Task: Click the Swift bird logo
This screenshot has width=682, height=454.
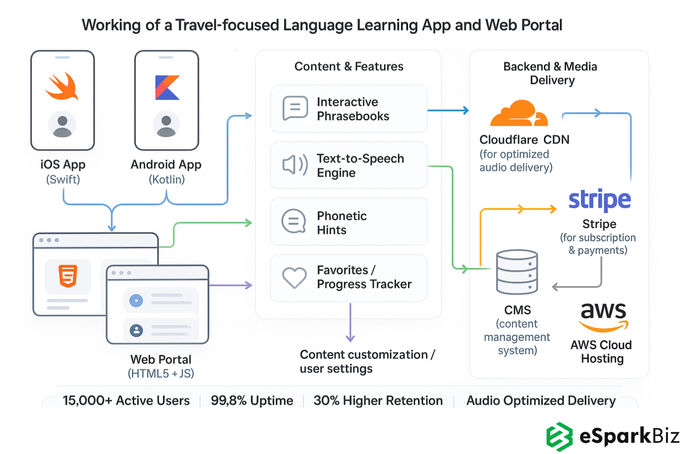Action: coord(62,86)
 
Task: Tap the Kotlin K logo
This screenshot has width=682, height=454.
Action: coord(167,87)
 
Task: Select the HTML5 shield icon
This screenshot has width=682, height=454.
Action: coord(68,276)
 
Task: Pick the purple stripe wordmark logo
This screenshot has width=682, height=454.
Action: coord(599,200)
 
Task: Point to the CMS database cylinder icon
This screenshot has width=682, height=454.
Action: coord(517,272)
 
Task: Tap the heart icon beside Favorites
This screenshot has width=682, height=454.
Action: coord(294,278)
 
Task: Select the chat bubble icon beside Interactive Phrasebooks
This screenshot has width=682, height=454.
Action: coord(295,108)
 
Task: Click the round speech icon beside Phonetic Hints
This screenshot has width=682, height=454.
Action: coord(294,221)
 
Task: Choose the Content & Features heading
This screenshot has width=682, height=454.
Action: coord(349,67)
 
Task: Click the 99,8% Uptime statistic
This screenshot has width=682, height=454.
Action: coord(252,401)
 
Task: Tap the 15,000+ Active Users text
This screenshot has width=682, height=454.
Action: coord(126,401)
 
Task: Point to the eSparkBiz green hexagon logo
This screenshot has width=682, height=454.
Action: coord(559,436)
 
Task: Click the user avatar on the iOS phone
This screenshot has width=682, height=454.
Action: coord(62,125)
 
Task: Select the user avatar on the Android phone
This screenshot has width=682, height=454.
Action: coord(167,125)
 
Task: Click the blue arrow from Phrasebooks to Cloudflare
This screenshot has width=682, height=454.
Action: coord(448,110)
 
